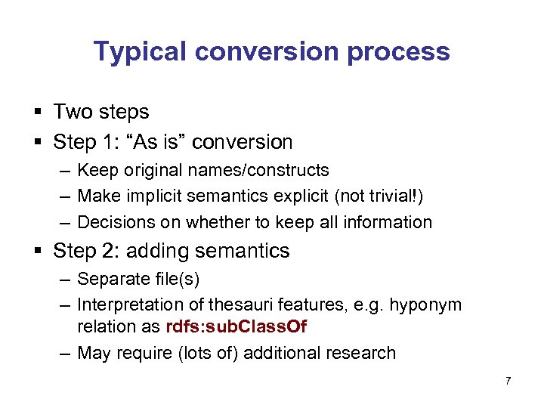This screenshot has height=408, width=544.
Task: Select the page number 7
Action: tap(508, 381)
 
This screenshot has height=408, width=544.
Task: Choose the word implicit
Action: tap(163, 196)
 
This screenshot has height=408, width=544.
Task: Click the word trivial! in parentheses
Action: tap(393, 196)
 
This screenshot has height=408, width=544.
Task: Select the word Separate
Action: tap(114, 279)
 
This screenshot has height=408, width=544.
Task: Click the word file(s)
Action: tap(178, 279)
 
